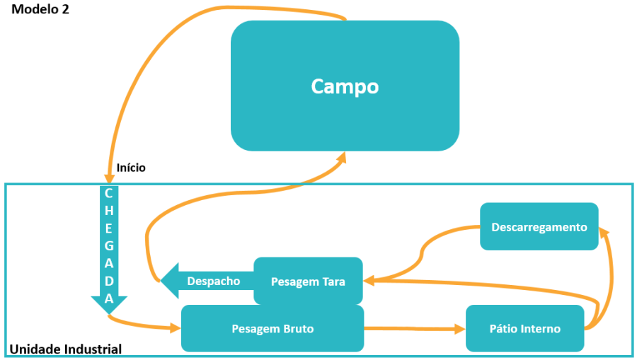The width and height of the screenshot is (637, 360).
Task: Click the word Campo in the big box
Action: [x=345, y=86]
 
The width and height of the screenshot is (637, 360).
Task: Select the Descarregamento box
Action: [x=539, y=227]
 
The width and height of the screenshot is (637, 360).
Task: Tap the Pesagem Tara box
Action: [x=308, y=281]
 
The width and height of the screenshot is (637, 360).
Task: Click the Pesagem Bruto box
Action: [x=272, y=329]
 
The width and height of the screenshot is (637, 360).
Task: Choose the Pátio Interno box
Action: [x=524, y=329]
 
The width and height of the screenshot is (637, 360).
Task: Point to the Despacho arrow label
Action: [x=213, y=281]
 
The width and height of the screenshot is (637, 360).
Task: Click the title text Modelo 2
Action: [x=40, y=10]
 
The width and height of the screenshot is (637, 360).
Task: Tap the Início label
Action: [x=131, y=168]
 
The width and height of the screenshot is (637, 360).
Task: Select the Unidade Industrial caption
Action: [x=65, y=349]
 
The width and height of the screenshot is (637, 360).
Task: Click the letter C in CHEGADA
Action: [x=108, y=193]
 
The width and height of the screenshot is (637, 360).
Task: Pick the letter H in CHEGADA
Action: [x=108, y=211]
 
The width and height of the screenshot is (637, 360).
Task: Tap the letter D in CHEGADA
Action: [x=108, y=281]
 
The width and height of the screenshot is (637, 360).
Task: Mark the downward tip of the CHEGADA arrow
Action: [x=109, y=312]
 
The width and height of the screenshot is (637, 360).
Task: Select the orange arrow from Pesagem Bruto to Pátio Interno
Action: [x=414, y=328]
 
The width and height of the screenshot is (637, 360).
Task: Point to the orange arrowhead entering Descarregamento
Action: [x=604, y=232]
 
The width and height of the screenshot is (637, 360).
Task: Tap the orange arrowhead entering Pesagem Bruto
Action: [x=175, y=327]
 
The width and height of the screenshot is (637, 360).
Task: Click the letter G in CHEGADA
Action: [x=108, y=246]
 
